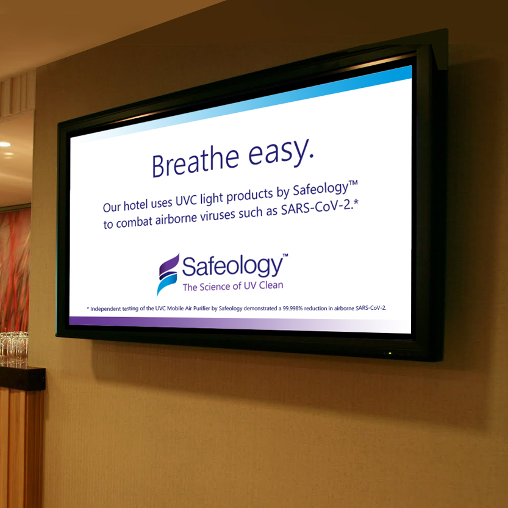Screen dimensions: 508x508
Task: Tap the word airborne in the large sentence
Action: [176, 219]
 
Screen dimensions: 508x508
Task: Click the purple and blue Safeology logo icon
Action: [168, 274]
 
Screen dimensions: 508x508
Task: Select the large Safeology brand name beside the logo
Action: [232, 267]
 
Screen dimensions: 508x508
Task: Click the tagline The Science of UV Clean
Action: [233, 286]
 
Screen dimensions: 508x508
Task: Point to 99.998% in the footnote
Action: [293, 309]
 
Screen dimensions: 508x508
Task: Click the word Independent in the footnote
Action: [105, 309]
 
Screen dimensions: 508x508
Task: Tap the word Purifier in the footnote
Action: [202, 309]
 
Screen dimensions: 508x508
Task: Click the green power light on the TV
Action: [390, 353]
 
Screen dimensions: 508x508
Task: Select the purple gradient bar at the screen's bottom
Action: [240, 324]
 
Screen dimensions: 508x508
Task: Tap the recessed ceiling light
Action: [5, 145]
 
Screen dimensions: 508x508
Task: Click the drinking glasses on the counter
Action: [13, 345]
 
